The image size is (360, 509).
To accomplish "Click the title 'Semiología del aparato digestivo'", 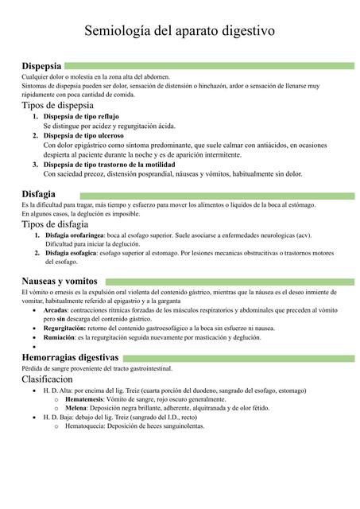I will click(x=180, y=31).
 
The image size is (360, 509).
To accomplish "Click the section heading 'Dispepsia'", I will click(x=41, y=65).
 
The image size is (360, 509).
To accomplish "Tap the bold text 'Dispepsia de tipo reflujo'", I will click(x=80, y=117).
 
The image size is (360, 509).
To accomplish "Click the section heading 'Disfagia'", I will click(x=38, y=194).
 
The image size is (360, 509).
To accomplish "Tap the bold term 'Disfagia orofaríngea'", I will click(x=75, y=235).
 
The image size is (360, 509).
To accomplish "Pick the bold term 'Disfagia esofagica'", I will click(x=72, y=253).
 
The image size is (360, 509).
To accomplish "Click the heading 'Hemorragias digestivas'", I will click(x=71, y=358).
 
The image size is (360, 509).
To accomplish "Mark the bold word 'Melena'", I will click(x=76, y=408).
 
